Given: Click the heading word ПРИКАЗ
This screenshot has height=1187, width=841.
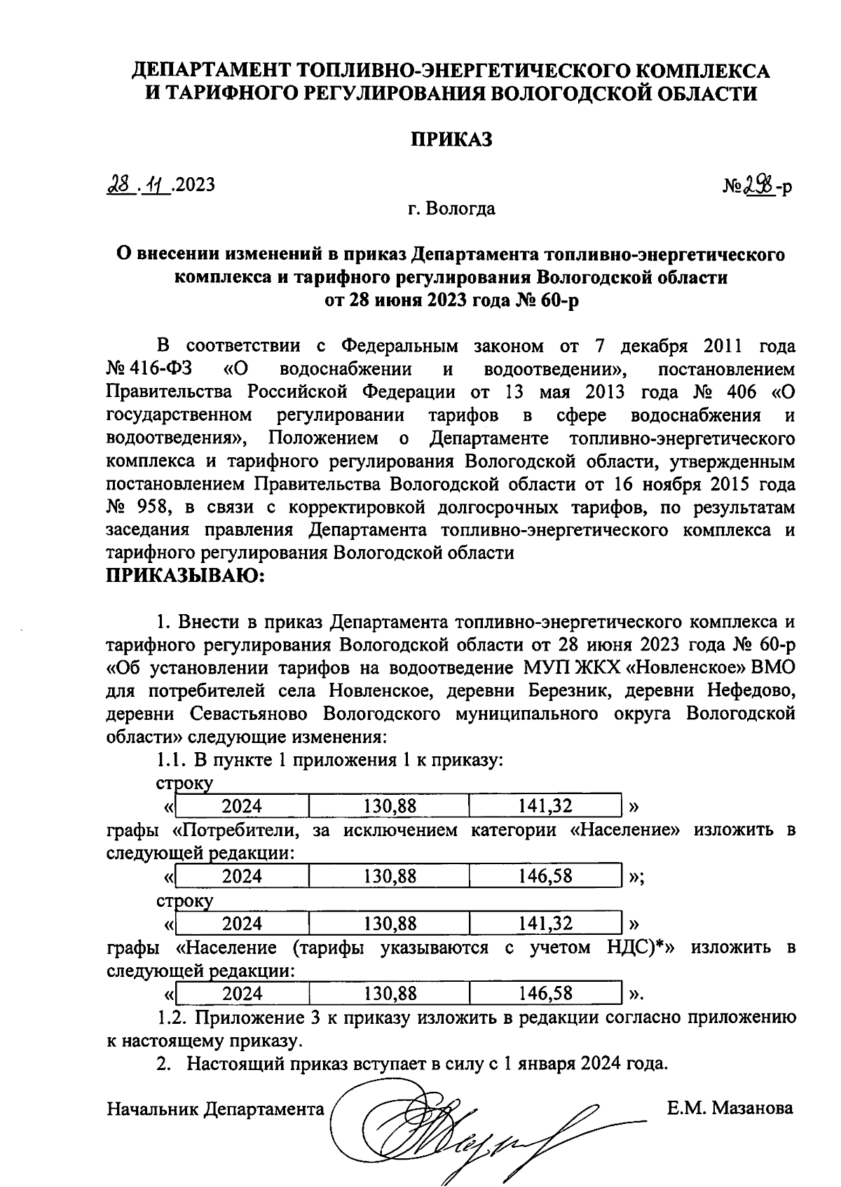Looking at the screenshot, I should pos(451,139).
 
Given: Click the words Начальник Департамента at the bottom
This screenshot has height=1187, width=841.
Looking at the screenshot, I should pos(215,1109).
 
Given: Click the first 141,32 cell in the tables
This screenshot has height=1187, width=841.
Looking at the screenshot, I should pos(545,806).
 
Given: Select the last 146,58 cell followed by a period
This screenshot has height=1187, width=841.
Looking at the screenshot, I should pos(545,993).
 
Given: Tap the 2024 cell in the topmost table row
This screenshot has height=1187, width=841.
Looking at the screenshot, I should pos(242,806).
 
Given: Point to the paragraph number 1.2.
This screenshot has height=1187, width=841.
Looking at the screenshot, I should pos(172,1017).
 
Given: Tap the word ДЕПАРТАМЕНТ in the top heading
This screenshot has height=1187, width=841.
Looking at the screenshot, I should pos(212,70).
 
